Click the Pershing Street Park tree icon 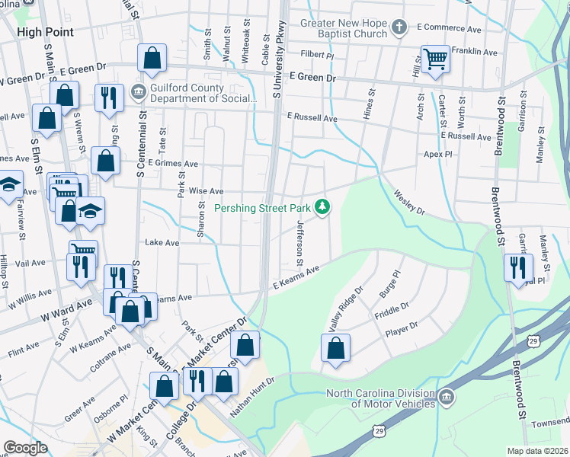[323, 206]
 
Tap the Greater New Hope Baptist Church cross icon [398, 29]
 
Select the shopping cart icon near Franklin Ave [434, 58]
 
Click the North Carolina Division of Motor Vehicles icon [447, 397]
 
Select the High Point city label [45, 32]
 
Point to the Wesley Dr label [408, 203]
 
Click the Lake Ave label [162, 243]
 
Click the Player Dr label [402, 328]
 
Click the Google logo [25, 448]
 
